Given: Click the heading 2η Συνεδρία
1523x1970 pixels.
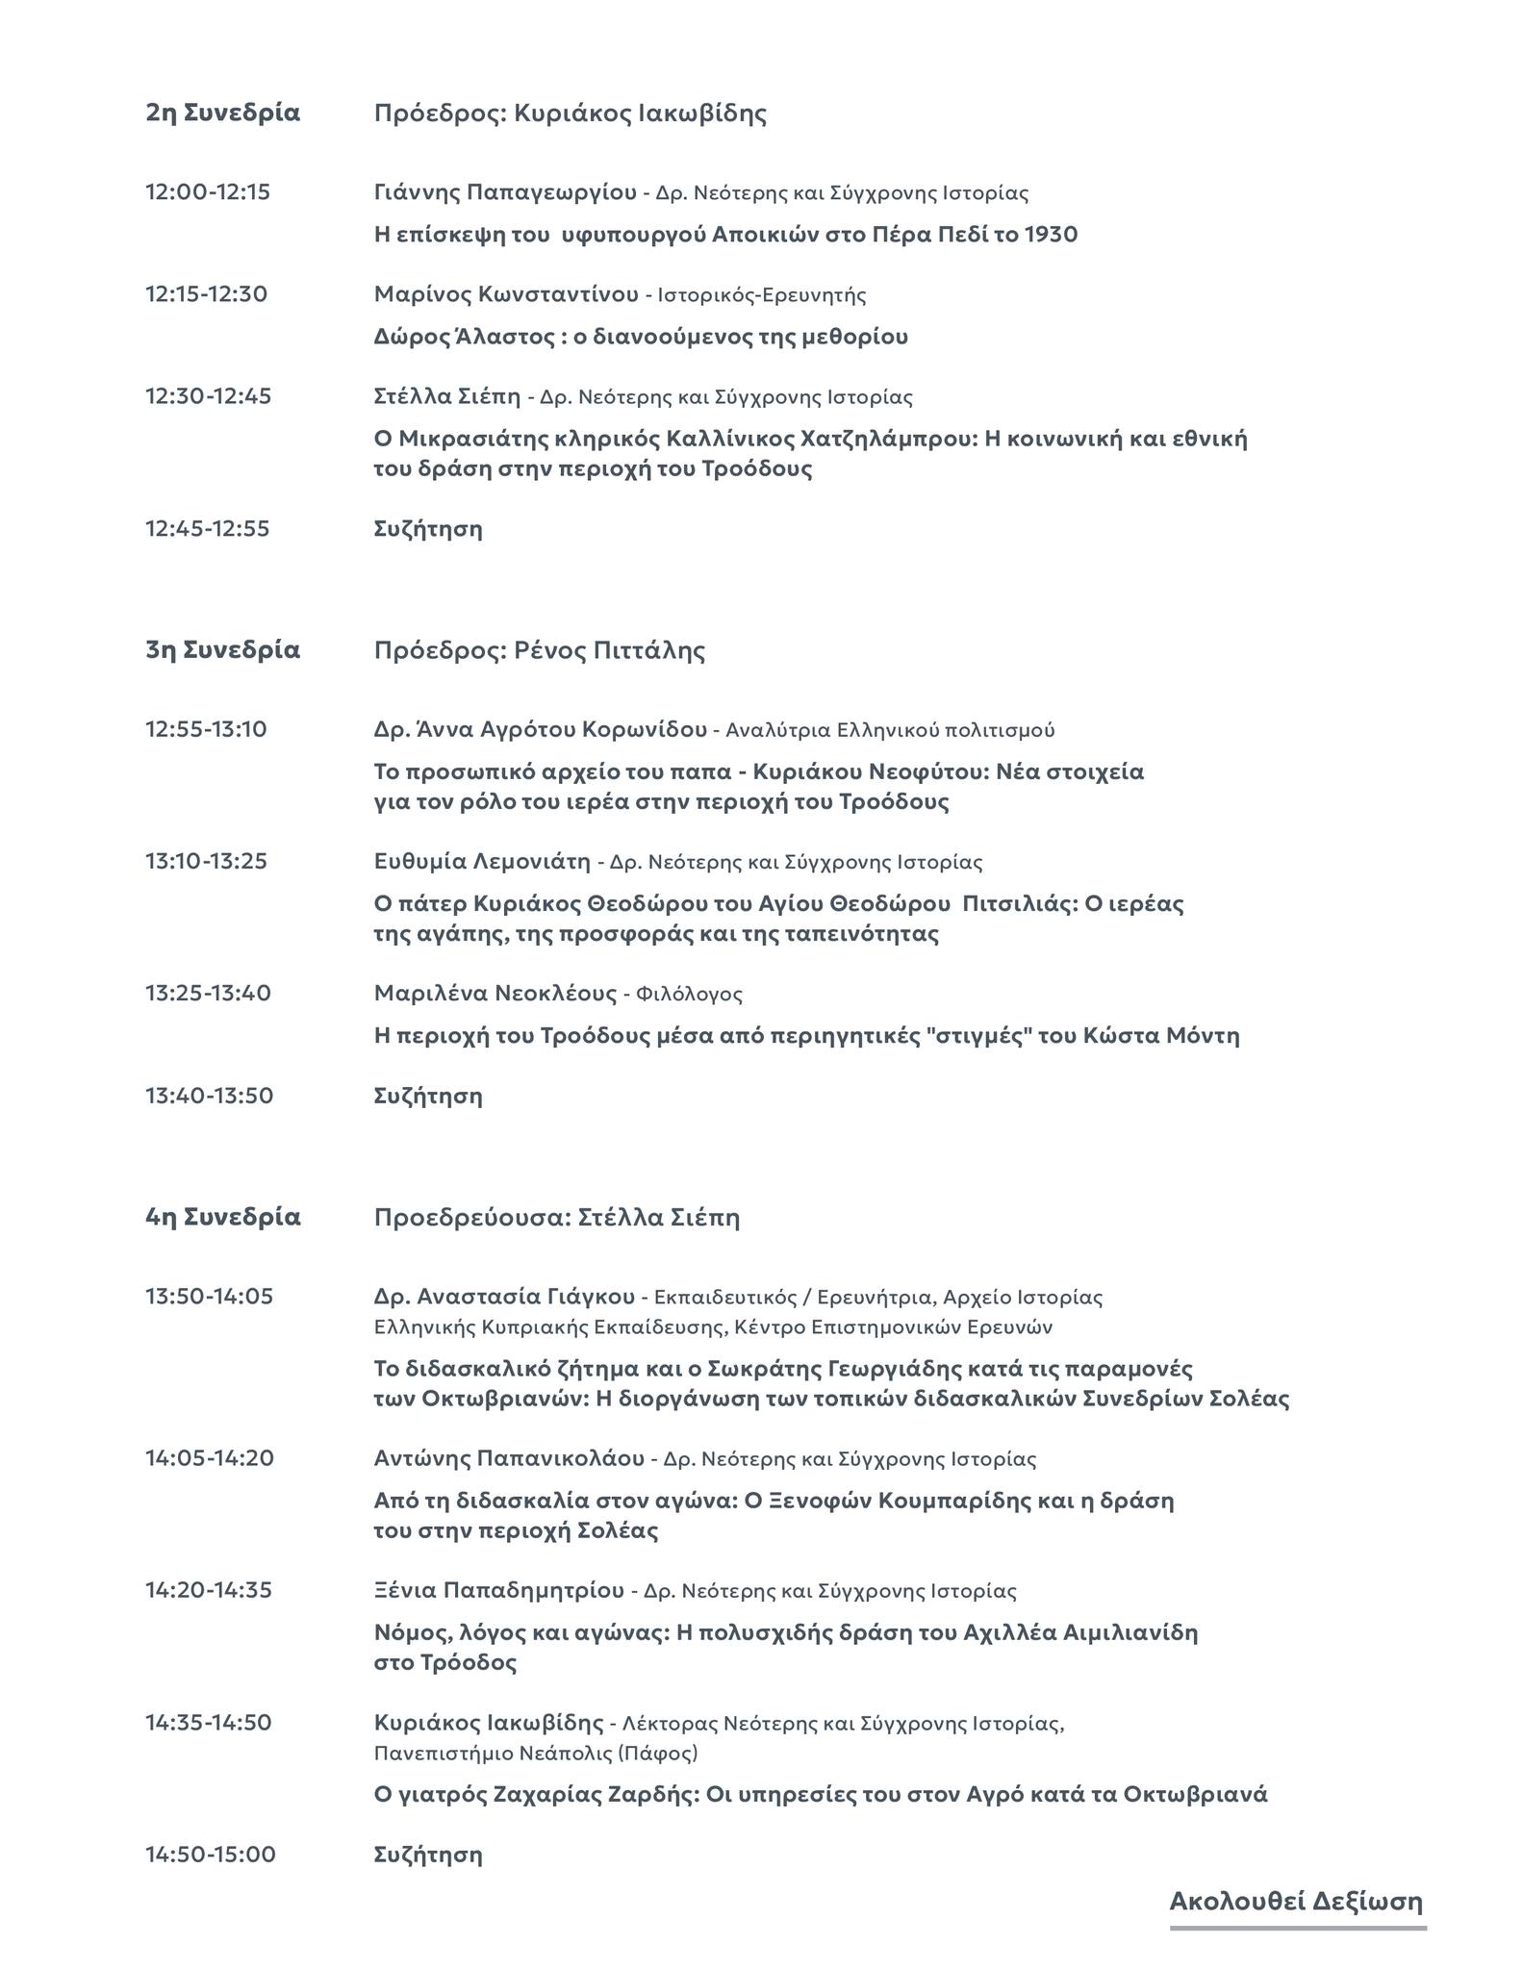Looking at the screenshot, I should tap(222, 113).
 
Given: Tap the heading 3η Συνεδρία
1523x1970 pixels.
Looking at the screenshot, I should tap(222, 650).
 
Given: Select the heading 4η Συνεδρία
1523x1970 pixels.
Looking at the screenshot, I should tap(222, 1217).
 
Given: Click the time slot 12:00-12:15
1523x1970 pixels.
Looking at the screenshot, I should tap(208, 192).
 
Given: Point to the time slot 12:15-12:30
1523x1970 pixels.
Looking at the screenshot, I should tap(206, 294).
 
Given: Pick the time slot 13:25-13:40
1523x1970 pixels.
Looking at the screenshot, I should tap(208, 993).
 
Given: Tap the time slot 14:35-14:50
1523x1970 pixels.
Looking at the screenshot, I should tap(208, 1722).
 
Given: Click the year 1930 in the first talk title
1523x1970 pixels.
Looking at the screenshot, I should tap(1051, 234).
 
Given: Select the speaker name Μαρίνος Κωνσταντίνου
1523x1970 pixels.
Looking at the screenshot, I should tap(506, 294).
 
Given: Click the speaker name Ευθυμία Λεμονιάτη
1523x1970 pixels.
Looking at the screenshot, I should tap(482, 861).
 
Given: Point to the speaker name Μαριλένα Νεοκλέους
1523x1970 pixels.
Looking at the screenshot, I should tap(495, 993).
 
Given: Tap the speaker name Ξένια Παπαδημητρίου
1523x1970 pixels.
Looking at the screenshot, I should tap(498, 1590).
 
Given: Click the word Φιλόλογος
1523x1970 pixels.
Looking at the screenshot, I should tap(689, 994).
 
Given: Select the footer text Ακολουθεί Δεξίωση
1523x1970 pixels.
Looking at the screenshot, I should tap(1296, 1901).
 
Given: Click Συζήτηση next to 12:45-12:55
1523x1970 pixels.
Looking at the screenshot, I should tap(428, 529).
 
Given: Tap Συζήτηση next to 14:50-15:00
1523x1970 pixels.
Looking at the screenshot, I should tap(428, 1855).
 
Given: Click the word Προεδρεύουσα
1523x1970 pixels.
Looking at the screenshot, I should tap(471, 1218).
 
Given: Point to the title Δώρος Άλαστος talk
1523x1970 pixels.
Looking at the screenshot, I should tap(641, 337).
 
